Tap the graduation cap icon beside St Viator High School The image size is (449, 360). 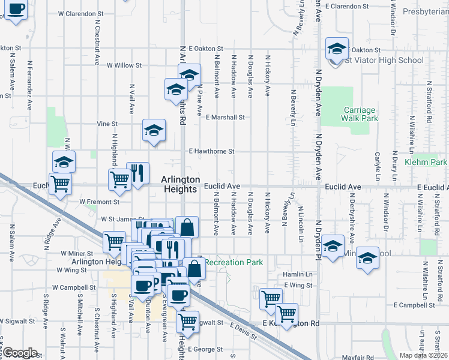pos(337,48)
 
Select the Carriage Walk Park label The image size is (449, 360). pos(360,114)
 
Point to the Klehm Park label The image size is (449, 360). pos(426,163)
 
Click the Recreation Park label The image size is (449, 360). pos(234,263)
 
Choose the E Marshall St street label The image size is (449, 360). pos(225,118)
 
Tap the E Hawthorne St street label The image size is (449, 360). pos(211,152)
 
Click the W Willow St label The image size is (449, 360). pos(124,65)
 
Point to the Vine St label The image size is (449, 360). pos(107,124)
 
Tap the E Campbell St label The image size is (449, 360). pos(414,305)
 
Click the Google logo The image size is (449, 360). pos(20,352)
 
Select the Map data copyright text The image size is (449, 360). pos(423,355)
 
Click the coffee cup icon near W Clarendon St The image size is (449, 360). pos(17,9)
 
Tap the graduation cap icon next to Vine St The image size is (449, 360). pos(154,129)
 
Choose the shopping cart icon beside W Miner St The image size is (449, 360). pos(114,242)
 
